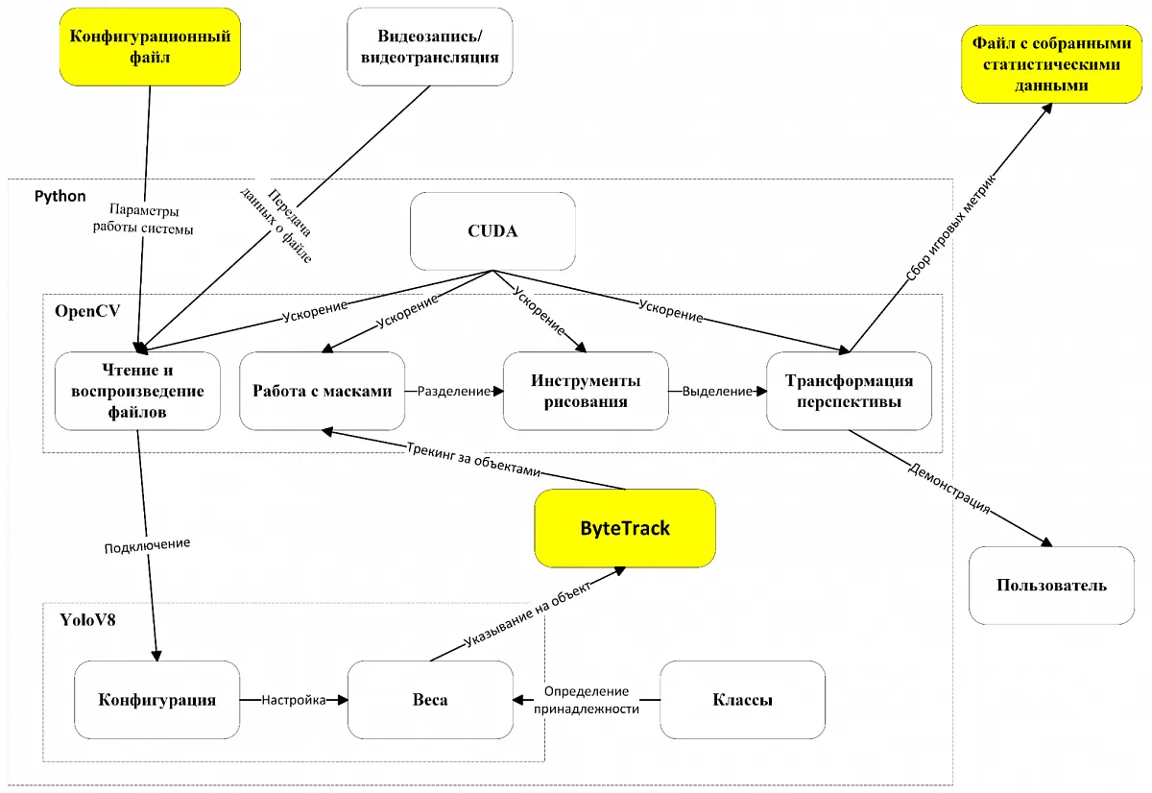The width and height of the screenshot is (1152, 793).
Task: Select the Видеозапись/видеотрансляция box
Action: click(429, 47)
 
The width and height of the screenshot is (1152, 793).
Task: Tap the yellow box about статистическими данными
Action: click(1046, 63)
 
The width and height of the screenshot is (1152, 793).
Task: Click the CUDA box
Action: click(492, 231)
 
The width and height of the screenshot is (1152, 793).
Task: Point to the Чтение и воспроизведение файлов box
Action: click(137, 392)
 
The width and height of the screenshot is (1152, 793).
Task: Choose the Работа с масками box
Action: click(322, 391)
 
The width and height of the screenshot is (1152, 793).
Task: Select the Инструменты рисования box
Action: click(586, 391)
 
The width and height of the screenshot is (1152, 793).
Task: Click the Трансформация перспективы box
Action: click(850, 391)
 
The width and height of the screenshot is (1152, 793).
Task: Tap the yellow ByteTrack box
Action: click(625, 527)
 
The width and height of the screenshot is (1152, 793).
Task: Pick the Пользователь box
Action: click(1051, 585)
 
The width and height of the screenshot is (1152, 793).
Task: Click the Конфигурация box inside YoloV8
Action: click(156, 700)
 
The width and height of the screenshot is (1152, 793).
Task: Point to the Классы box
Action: click(742, 700)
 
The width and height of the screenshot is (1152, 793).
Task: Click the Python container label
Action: click(60, 196)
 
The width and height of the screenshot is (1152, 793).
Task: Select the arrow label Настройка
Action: click(293, 700)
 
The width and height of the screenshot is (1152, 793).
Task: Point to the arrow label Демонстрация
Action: click(948, 488)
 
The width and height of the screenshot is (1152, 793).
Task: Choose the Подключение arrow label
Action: click(147, 544)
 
